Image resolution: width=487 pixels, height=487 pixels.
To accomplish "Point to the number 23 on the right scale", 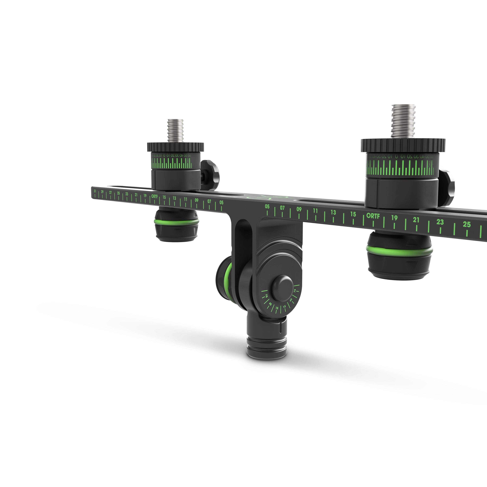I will click(440, 222).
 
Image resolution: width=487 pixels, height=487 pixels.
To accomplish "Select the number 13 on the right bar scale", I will click(333, 212).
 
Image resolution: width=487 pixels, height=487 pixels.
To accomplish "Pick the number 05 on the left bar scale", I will click(221, 202).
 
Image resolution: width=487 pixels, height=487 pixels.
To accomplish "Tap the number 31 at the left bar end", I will click(95, 191).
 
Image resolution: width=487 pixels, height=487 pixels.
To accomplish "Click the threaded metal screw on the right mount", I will click(403, 121).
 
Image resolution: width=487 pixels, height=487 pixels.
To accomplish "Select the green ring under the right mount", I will click(399, 250).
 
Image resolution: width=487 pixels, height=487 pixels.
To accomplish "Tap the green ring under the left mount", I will click(176, 222).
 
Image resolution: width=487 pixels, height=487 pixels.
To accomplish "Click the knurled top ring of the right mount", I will click(403, 145).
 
